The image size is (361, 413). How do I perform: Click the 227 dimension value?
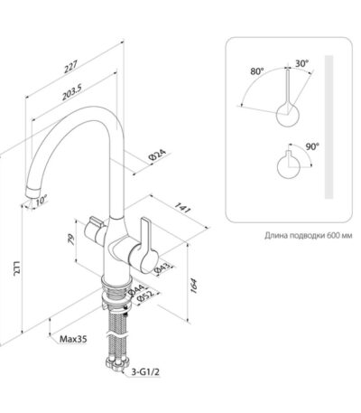pos(71,67)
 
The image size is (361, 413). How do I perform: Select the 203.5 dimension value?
pos(72,92)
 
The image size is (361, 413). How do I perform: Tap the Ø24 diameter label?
pos(157,155)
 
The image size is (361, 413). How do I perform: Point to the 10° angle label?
pos(42,201)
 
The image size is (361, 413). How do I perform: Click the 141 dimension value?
pos(182,208)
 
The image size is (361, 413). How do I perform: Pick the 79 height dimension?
pos(71,240)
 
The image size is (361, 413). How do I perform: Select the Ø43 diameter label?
pos(163,268)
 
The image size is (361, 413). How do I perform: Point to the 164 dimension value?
pos(194,286)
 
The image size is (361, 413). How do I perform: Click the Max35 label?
pos(73,339)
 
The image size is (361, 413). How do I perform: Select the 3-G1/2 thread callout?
pos(145,372)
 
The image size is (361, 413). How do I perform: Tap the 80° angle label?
pos(256,71)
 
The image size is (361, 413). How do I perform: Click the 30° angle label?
pos(301,63)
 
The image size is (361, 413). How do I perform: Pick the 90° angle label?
pos(312,146)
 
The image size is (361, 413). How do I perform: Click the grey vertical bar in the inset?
pos(329,127)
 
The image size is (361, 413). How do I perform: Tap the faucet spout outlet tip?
pos(32,192)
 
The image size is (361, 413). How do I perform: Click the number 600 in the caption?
pos(331,235)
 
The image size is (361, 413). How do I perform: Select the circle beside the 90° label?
pos(289,166)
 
